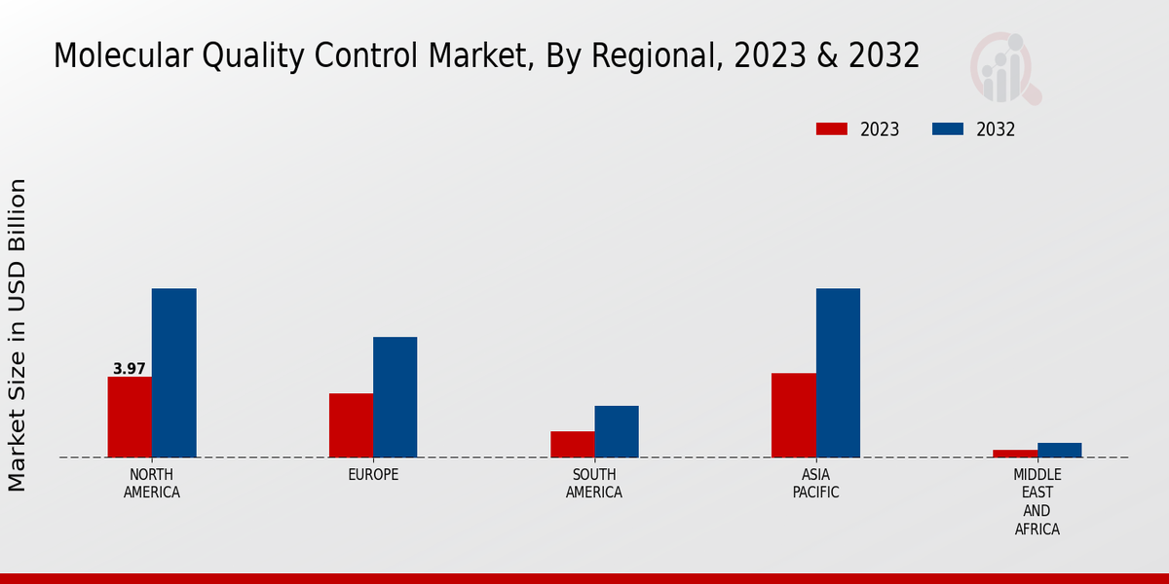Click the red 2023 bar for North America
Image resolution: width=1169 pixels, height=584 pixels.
[130, 417]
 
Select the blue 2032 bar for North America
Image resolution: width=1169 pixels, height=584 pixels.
[173, 373]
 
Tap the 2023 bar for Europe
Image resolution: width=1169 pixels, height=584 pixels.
[351, 425]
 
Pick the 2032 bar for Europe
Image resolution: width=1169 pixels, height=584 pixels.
[395, 397]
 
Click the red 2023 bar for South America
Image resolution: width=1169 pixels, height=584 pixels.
[572, 444]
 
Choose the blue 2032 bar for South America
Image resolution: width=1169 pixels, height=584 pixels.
[617, 431]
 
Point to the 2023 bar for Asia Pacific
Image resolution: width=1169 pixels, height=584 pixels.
[793, 415]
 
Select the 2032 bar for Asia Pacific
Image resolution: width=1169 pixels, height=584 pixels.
[838, 373]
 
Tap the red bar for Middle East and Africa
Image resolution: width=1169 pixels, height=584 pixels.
[1015, 454]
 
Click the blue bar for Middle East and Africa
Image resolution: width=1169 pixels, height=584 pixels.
[1059, 450]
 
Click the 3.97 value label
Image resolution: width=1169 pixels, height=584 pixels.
[130, 369]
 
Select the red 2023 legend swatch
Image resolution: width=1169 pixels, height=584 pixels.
[831, 129]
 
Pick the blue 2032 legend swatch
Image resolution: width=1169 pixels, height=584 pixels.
[948, 129]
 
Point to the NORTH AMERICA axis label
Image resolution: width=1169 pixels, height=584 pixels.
[152, 484]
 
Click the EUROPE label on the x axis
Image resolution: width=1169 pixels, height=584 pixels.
[373, 475]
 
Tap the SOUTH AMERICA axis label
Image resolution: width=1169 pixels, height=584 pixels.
[594, 484]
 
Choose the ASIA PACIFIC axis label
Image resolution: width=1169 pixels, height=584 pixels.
[815, 484]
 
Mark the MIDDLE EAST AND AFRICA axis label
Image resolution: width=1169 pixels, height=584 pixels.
[1037, 502]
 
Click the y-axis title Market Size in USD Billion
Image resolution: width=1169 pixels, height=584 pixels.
[18, 335]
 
